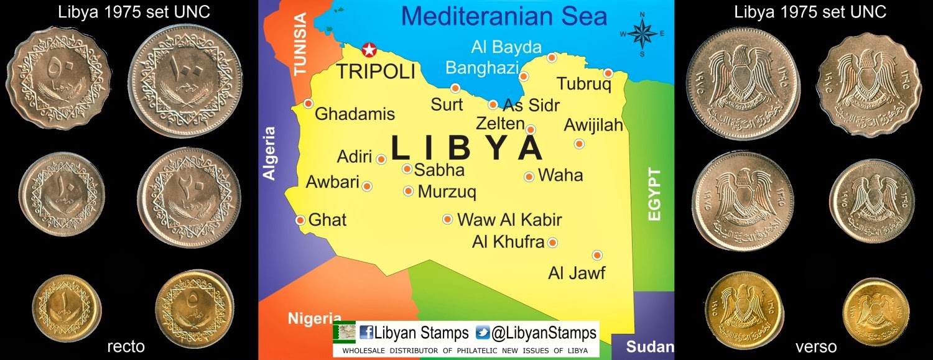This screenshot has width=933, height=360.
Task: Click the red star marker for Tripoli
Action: click(369, 49)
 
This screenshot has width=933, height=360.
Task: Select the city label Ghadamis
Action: click(355, 114)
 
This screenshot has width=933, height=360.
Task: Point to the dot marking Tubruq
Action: click(608, 73)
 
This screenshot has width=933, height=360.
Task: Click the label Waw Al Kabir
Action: click(509, 219)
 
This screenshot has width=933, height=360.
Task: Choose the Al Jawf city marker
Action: click(597, 255)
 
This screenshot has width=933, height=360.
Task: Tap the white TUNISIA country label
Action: click(300, 45)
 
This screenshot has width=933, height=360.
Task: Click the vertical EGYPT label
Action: click(654, 193)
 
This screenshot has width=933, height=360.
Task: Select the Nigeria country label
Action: click(314, 318)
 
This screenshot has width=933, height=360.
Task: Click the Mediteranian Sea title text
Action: click(504, 16)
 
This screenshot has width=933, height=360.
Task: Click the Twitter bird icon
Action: click(482, 333)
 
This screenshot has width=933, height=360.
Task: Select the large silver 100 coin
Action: click(188, 81)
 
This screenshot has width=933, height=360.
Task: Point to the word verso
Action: click(815, 346)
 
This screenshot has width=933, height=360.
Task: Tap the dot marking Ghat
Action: click(300, 220)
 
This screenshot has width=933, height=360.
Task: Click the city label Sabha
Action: click(439, 170)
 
